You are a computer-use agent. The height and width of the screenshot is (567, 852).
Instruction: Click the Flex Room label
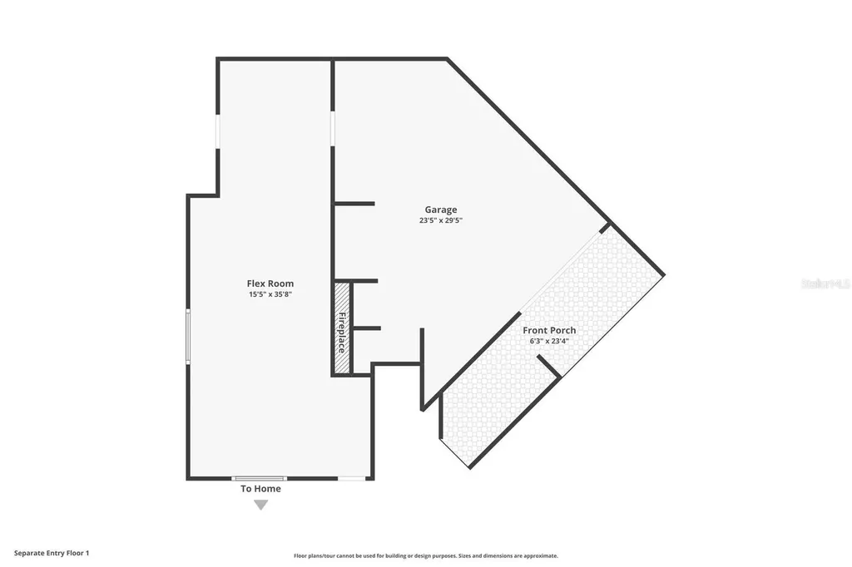coord(270,283)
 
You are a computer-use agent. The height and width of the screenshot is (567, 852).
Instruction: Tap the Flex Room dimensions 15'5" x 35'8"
coord(270,294)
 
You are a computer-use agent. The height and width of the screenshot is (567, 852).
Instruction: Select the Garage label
coord(440,210)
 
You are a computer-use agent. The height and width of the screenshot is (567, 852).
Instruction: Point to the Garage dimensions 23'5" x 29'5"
coord(440,221)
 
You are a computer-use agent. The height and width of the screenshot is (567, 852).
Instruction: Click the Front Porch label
coord(549,330)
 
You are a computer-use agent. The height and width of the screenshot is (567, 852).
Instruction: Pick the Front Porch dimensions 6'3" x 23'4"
coord(549,340)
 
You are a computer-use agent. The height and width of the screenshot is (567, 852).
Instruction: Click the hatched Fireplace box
coord(341,329)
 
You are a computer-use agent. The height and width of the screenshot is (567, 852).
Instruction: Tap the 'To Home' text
coord(260,489)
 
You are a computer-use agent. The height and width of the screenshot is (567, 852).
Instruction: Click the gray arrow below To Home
coord(260,505)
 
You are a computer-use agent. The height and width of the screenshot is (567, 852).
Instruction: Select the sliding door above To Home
coord(259,478)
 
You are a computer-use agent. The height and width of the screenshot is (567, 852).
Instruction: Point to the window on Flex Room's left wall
coord(188,336)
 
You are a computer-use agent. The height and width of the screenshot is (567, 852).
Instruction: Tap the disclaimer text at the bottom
coord(425,556)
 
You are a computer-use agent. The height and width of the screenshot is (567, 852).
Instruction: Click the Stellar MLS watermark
coord(825,283)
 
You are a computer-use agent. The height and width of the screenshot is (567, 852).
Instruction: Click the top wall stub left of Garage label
coord(354,204)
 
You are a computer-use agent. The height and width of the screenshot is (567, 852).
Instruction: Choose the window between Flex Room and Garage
coord(333,129)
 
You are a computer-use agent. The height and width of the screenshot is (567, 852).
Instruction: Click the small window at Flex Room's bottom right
coord(351,478)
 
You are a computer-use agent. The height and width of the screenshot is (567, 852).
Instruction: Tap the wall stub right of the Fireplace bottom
coord(366,328)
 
